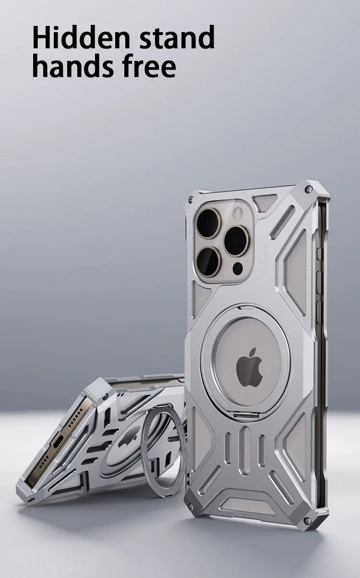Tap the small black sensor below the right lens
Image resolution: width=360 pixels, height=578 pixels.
(x=238, y=268)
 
